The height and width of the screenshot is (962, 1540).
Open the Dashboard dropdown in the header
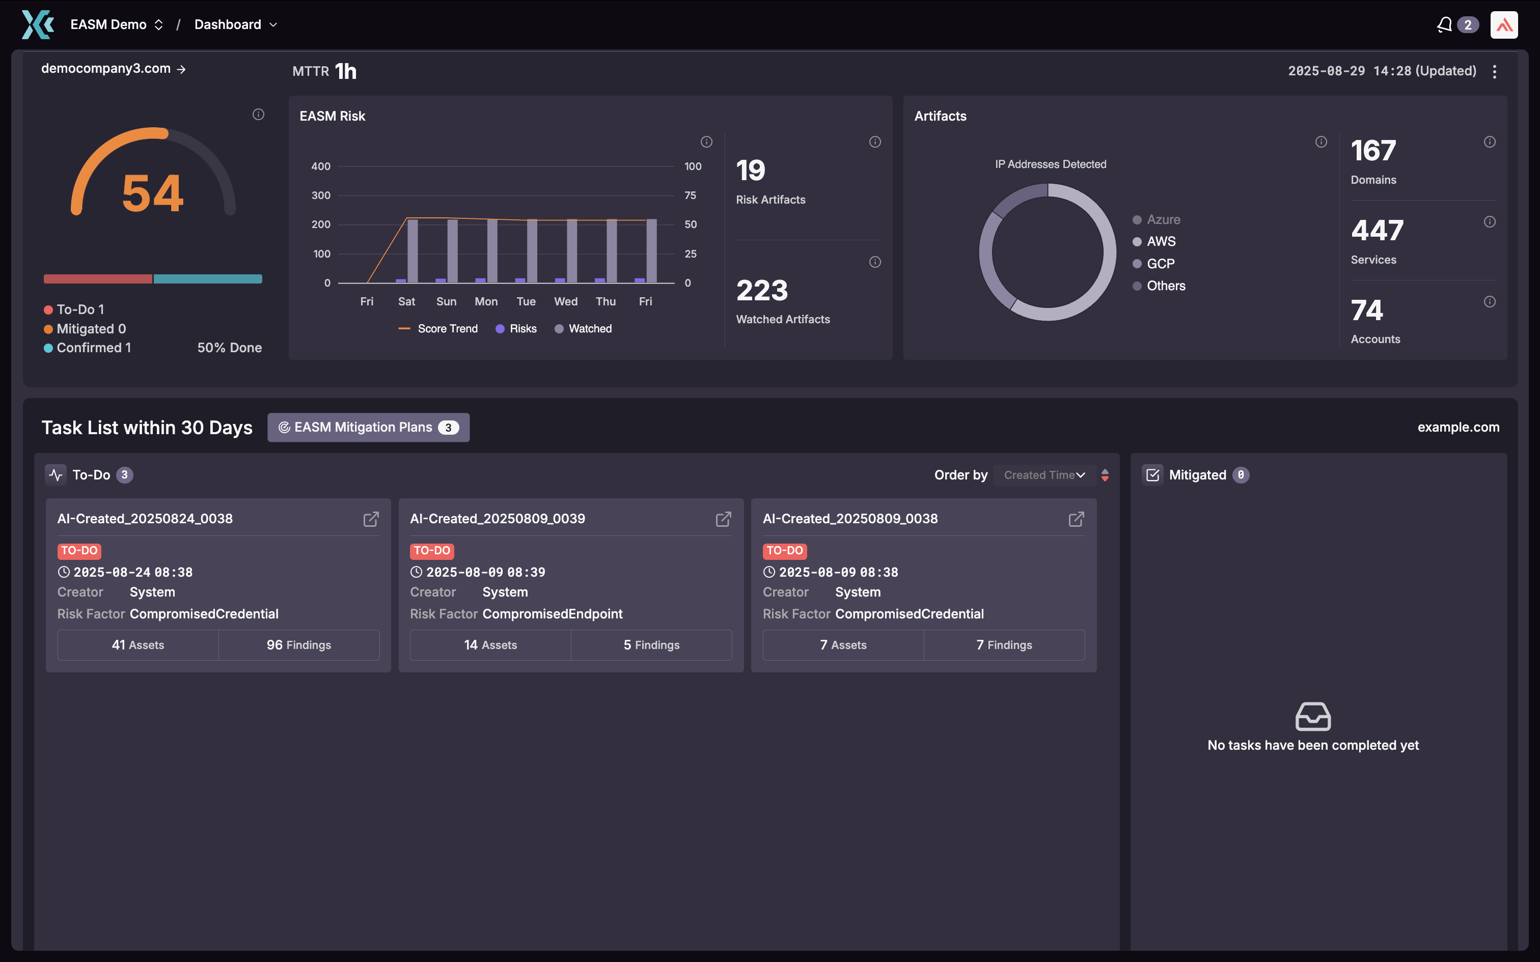click(x=235, y=25)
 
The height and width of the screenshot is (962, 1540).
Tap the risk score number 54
click(x=153, y=193)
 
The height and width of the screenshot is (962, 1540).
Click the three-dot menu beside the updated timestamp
click(x=1494, y=71)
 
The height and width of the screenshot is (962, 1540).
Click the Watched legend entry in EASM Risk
click(x=583, y=329)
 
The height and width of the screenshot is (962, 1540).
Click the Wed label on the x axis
click(x=566, y=301)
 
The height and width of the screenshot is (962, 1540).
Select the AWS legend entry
click(x=1161, y=242)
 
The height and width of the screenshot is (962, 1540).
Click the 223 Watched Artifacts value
click(x=762, y=291)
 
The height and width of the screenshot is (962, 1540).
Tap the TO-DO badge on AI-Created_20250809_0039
click(x=431, y=551)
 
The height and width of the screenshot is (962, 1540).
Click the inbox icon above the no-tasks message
click(x=1313, y=717)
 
